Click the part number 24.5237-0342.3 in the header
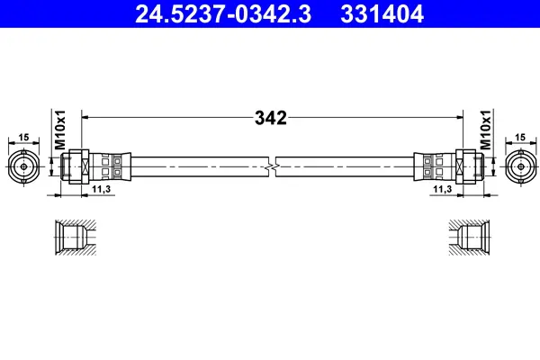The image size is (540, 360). [x=223, y=14]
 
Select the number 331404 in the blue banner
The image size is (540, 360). [x=382, y=14]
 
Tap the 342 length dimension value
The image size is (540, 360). [x=271, y=118]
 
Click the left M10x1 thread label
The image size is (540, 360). [x=60, y=130]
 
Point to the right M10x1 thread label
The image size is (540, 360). [x=486, y=130]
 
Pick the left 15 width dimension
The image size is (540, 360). [x=23, y=138]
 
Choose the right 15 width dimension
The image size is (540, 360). [x=520, y=138]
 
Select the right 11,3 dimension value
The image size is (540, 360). [x=443, y=189]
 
